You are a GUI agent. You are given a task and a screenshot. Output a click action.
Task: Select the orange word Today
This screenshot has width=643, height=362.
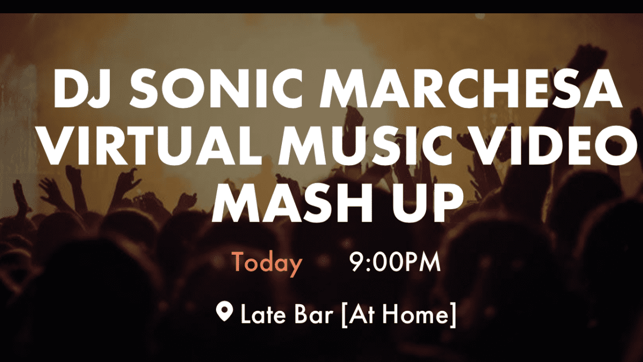(267, 263)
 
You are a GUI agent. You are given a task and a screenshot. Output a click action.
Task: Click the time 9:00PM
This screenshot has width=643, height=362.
(395, 262)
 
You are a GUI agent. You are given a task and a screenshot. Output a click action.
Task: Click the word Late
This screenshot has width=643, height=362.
(263, 314)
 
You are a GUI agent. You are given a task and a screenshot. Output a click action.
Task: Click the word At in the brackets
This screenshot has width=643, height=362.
(364, 314)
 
